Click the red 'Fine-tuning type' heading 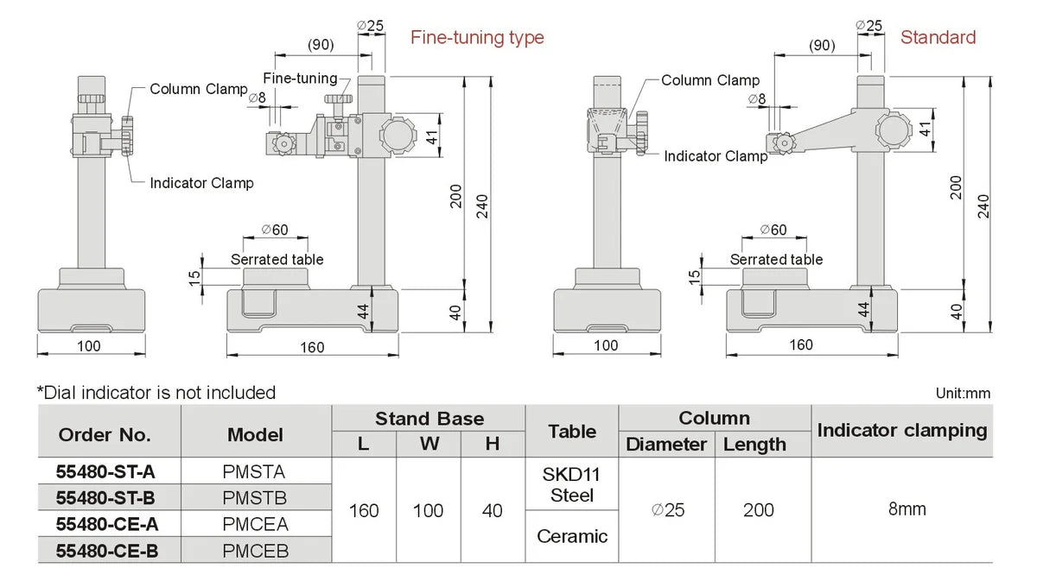coord(477,38)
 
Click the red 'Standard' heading coord(938,37)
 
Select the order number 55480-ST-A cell coord(105,471)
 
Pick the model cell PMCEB coord(256,550)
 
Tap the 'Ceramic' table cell coord(572,536)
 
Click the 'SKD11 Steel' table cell coord(572,484)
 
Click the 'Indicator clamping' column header coord(901,430)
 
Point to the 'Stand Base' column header coord(429,419)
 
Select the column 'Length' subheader coord(754,445)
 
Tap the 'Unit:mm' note coord(963,394)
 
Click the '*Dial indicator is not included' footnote coord(156,393)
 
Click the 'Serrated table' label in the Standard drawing coord(776,260)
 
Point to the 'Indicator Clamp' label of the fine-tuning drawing coord(201,183)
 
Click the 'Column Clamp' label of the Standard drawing coord(710,80)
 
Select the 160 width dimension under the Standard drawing coord(800,345)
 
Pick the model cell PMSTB coord(256,498)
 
